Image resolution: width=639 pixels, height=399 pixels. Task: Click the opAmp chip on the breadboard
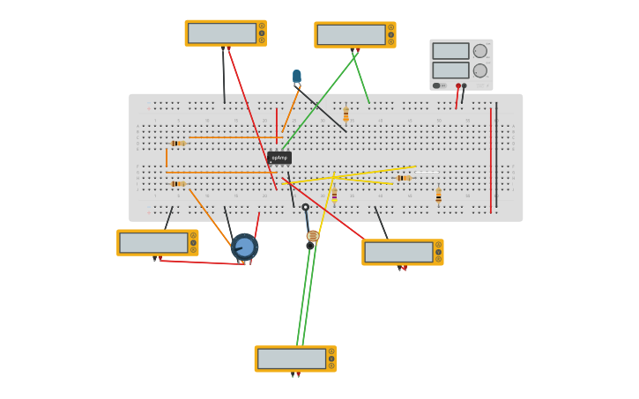point(279,158)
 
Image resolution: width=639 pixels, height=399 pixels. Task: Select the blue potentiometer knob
point(244,248)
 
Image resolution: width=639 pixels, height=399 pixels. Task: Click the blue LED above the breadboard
point(297,77)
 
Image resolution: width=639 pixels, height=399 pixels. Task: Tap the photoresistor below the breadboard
point(312,236)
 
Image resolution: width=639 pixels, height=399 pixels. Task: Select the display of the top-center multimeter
point(351,34)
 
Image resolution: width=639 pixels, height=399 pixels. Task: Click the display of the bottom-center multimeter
point(291,358)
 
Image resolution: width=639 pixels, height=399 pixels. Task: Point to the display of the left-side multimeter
point(153,242)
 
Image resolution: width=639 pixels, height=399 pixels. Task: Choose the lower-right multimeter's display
point(398,252)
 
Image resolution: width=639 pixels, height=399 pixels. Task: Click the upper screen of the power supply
point(450,51)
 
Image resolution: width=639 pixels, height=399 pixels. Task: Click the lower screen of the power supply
point(450,70)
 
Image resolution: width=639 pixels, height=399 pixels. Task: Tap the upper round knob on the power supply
point(480,51)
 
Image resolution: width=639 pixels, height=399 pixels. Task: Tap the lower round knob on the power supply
point(480,70)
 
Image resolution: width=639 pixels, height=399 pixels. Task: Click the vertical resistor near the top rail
point(346,115)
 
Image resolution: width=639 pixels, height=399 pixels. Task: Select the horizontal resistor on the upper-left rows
point(178,143)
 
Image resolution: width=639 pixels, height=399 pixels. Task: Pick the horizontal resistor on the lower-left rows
point(178,183)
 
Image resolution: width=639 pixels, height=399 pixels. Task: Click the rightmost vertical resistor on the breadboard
point(438,196)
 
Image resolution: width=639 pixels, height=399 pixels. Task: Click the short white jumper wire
point(427,171)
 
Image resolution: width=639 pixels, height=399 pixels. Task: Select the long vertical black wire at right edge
point(496,154)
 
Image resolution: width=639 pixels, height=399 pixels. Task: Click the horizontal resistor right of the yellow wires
point(404,178)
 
